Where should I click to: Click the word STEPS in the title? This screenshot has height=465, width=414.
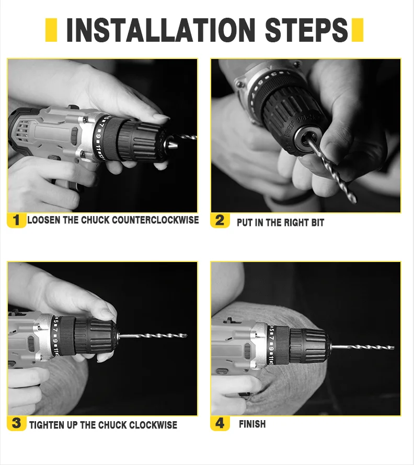[x=306, y=30]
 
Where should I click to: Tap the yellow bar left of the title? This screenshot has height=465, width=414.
[x=51, y=30]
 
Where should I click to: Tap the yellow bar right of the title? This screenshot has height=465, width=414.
[x=357, y=30]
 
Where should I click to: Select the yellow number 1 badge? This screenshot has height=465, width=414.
[x=16, y=220]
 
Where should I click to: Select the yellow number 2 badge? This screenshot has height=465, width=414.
[x=220, y=220]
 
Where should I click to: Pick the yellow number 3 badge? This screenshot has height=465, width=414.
[x=16, y=423]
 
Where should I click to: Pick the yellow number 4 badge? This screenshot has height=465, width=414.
[x=220, y=423]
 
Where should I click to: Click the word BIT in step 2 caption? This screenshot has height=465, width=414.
[x=317, y=223]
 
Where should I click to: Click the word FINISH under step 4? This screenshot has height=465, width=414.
[x=252, y=424]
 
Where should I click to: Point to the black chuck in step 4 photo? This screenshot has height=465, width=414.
[x=308, y=345]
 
